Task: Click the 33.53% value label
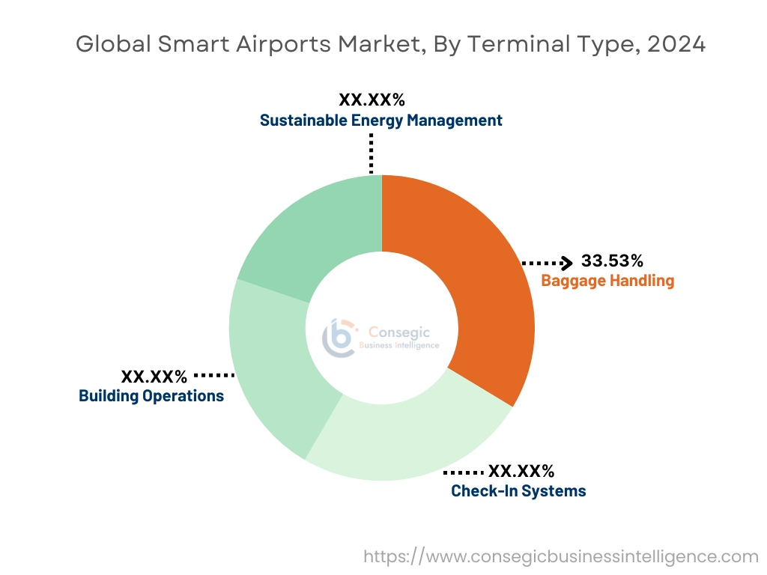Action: tap(612, 261)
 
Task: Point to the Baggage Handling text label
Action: tap(607, 282)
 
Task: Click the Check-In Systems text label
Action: tap(518, 491)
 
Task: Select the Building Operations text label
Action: tap(151, 396)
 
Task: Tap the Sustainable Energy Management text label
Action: tap(381, 121)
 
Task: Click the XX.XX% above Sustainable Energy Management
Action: tap(372, 100)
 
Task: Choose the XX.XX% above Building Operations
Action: tap(154, 376)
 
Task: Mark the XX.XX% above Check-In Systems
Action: tap(521, 471)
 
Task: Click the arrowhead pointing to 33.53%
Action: tap(568, 262)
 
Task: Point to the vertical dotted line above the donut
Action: tap(371, 153)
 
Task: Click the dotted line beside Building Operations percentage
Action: tap(214, 374)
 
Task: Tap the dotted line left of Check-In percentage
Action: tap(464, 472)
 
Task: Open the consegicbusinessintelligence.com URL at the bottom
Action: tap(561, 556)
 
